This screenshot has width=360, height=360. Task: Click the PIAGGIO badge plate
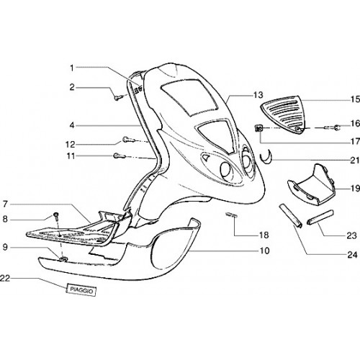tap(81, 290)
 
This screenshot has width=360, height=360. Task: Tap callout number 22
tap(5, 278)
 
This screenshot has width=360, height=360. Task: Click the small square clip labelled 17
tap(258, 129)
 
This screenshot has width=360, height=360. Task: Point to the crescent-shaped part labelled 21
tap(266, 159)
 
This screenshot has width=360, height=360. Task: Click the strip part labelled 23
tap(320, 217)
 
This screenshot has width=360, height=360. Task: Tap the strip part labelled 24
tap(290, 216)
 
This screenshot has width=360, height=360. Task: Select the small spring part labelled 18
tap(231, 215)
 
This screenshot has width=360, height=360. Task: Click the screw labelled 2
tap(119, 97)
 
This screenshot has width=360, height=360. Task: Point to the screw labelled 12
tap(127, 140)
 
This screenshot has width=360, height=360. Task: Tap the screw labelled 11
tap(119, 156)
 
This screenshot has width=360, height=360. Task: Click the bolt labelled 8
tap(56, 217)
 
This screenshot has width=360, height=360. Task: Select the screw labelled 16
tap(333, 128)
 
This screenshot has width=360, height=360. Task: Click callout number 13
tap(258, 95)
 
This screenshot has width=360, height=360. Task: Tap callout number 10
tap(264, 251)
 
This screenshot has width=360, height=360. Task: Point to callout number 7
tap(5, 204)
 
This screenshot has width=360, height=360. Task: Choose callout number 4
tap(72, 125)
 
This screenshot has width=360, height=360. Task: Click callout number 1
tap(71, 68)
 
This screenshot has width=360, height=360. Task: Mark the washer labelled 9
tap(63, 258)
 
